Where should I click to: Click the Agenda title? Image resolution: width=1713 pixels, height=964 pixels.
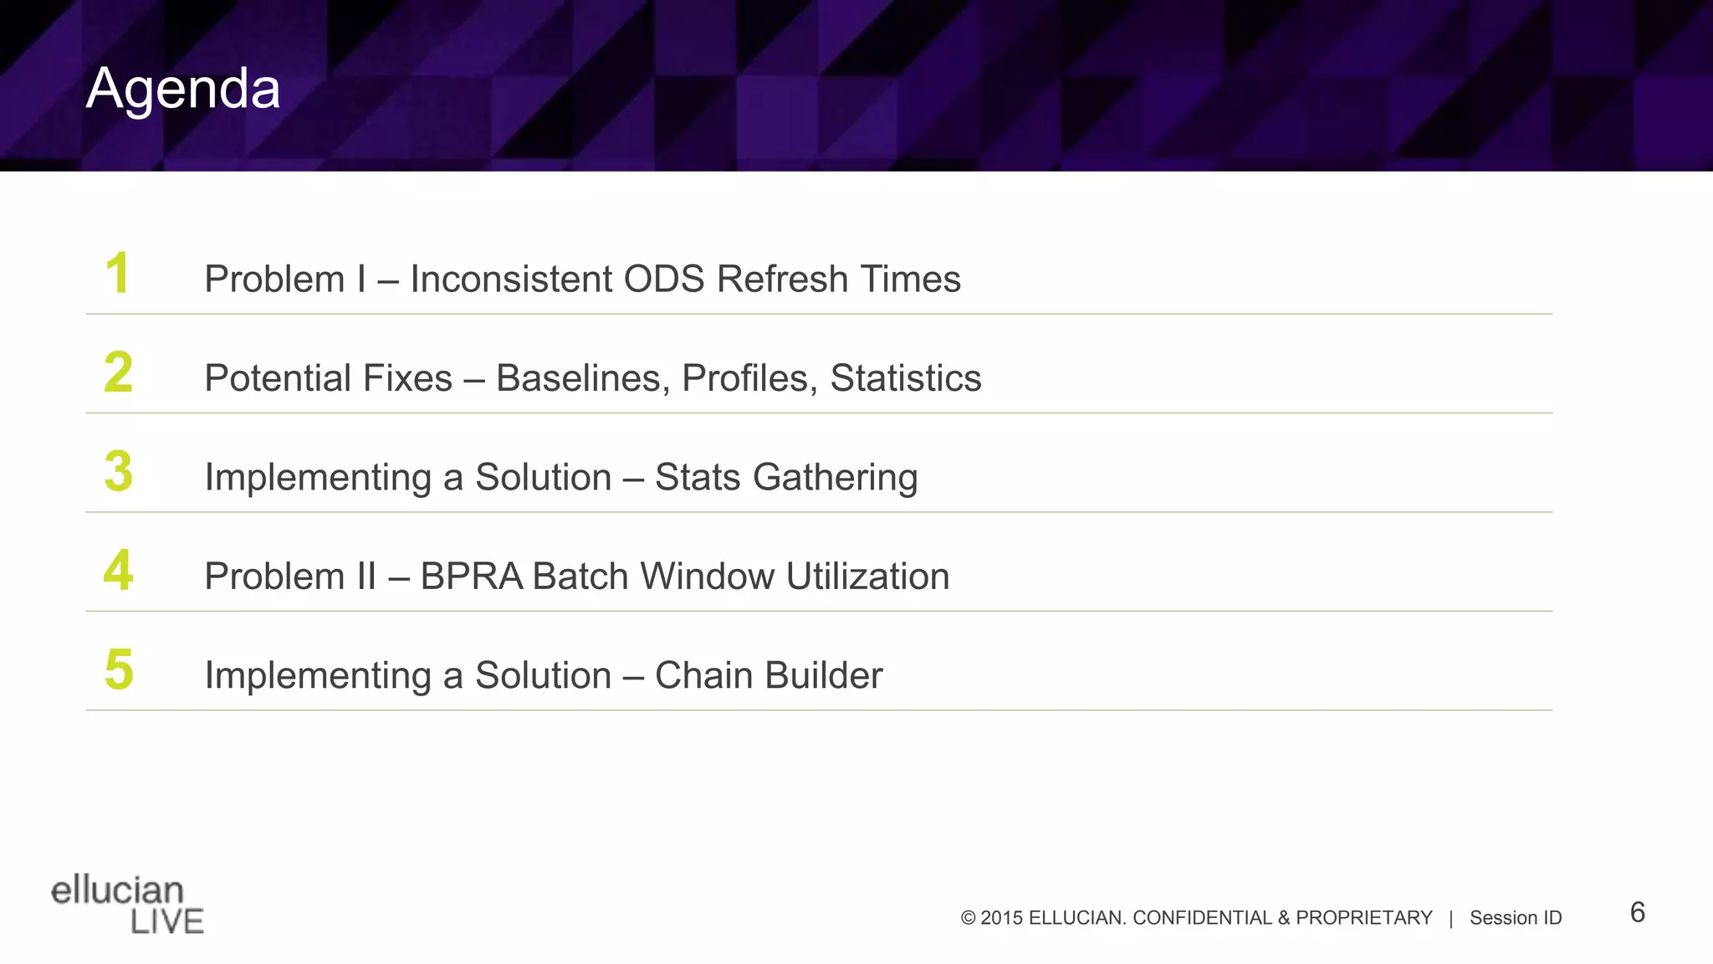(x=183, y=89)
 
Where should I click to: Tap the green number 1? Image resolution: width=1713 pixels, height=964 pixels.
(x=117, y=274)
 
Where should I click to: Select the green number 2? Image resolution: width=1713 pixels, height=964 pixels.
(x=118, y=372)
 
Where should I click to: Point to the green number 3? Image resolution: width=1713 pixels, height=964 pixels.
(x=118, y=471)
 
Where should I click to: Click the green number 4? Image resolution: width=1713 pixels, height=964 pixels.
(x=118, y=571)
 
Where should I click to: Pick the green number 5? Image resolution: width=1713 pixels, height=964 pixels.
(x=118, y=669)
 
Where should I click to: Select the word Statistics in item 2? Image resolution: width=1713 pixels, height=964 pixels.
(x=905, y=378)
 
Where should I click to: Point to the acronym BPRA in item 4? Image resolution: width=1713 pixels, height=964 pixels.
(x=472, y=577)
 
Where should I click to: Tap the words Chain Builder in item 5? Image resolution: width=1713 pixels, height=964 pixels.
(x=768, y=675)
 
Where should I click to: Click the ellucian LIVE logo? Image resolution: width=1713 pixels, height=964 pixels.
(x=127, y=905)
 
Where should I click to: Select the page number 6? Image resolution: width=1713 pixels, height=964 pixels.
(x=1637, y=912)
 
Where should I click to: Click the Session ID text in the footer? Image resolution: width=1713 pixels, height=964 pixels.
(x=1515, y=918)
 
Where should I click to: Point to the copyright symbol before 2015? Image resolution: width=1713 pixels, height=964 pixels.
(x=968, y=918)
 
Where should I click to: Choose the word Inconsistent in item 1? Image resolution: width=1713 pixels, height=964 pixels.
(x=510, y=279)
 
